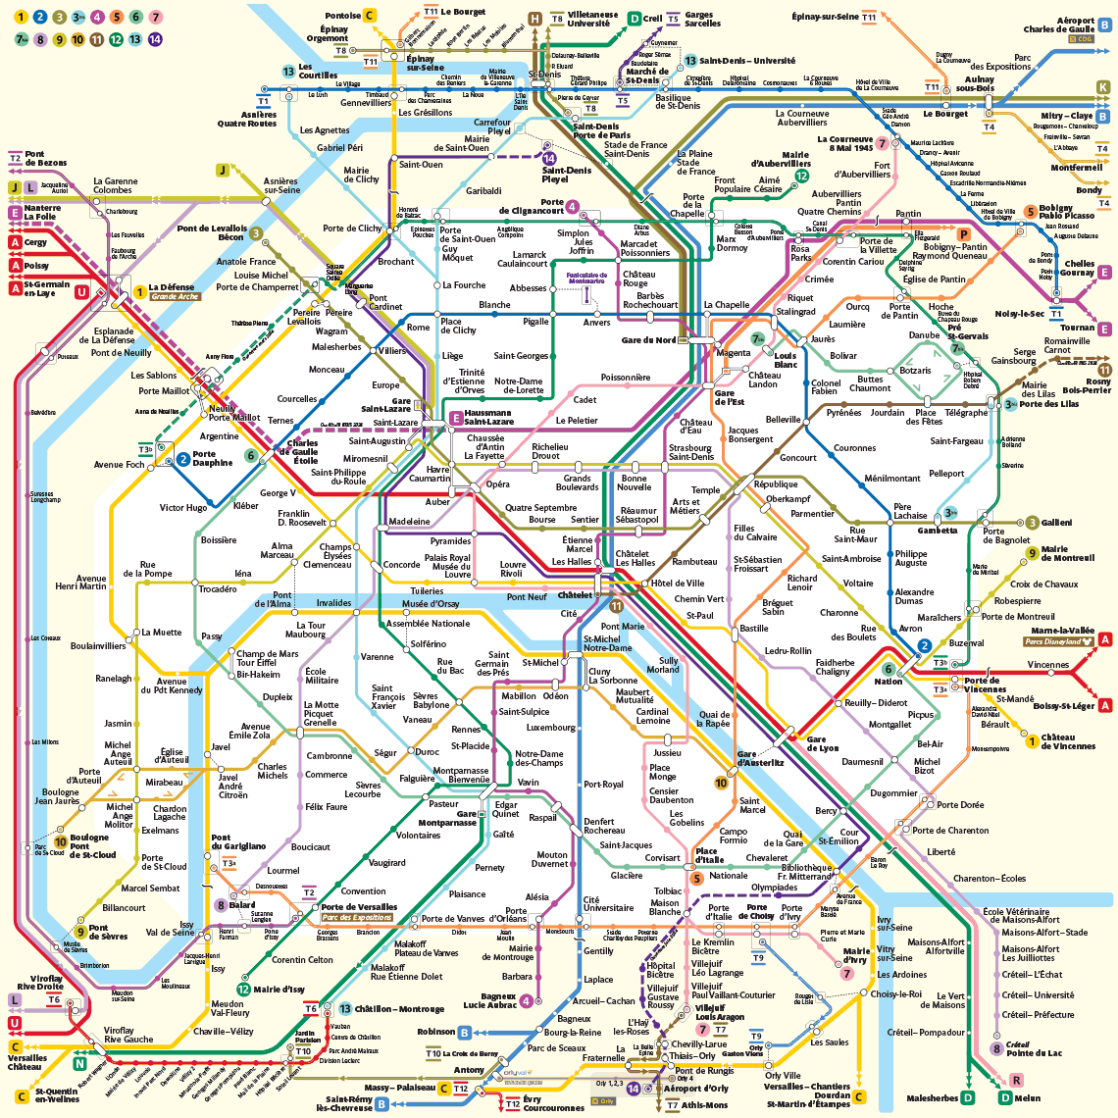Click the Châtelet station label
coord(576,595)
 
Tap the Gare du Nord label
coord(648,340)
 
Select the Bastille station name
coord(753,629)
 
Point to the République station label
coord(776,484)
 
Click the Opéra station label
coord(498,484)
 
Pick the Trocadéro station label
coord(218,589)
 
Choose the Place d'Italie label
coord(709,855)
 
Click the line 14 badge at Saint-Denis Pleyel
coord(549,158)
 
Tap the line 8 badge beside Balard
coord(222,905)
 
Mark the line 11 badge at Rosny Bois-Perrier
coord(1105,370)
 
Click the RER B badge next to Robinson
coord(465,1032)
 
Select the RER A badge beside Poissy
coord(15,266)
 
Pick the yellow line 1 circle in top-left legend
coord(21,17)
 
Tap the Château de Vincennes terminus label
coord(1068,741)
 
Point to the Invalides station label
coord(333,603)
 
